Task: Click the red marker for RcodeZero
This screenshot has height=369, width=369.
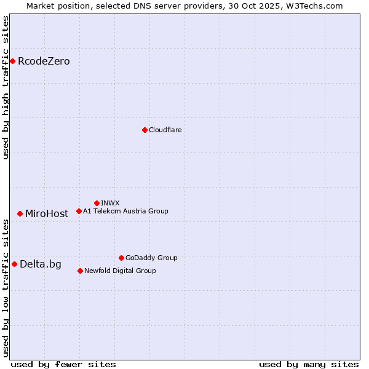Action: point(12,61)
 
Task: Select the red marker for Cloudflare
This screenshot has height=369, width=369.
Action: point(145,130)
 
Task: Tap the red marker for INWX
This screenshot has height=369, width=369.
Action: point(97,203)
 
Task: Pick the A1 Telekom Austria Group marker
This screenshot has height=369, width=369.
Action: point(79,211)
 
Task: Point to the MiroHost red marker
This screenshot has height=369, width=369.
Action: point(20,213)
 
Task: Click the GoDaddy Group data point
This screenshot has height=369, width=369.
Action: point(121,258)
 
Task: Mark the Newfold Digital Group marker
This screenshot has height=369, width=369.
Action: point(80,271)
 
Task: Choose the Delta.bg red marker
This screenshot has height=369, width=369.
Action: point(14,264)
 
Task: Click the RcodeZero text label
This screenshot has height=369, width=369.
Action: point(44,61)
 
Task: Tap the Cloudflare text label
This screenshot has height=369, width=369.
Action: point(165,130)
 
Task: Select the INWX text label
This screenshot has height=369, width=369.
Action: point(110,203)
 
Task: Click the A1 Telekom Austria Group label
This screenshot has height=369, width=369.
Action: point(125,211)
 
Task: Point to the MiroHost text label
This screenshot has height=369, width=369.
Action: point(47,214)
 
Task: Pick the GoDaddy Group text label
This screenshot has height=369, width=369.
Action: point(151,258)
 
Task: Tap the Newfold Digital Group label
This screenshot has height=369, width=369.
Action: point(120,271)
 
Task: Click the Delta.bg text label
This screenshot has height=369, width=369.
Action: point(41,264)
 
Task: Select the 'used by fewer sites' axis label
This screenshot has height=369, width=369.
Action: point(63,364)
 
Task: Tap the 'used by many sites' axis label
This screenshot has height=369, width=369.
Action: point(309,364)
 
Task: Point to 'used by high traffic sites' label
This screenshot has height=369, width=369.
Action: point(6,87)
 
